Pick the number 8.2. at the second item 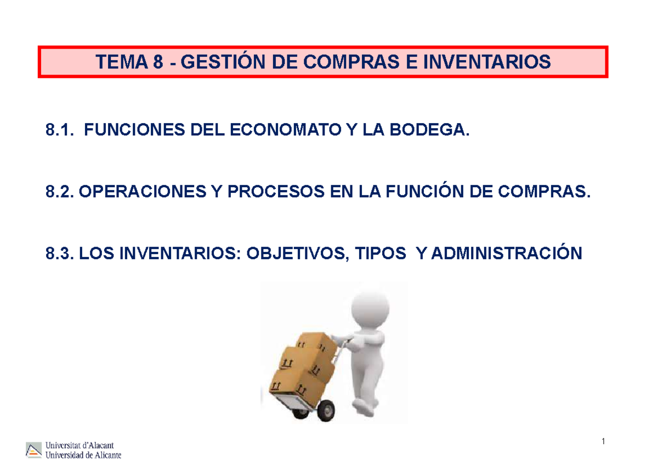(60, 192)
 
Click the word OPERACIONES (147, 192)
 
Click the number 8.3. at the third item (60, 254)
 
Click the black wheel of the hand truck (327, 409)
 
